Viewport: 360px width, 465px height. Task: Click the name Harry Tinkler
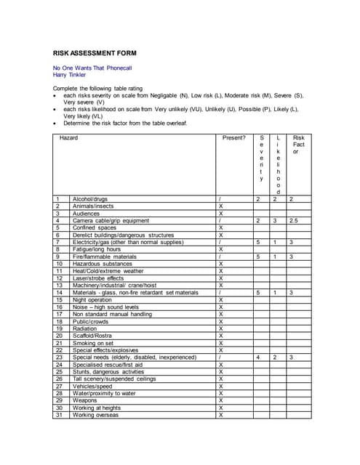(69, 74)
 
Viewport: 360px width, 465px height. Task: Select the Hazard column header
(69, 137)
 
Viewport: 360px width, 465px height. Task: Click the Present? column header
(234, 137)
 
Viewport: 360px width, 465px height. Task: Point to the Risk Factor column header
(298, 144)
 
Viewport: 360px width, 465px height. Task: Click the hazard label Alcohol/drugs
(90, 198)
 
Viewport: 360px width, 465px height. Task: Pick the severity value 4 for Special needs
(258, 357)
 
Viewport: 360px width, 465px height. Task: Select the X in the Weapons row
(220, 400)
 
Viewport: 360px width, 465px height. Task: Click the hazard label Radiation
(85, 328)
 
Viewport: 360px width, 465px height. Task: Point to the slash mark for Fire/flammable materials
(220, 256)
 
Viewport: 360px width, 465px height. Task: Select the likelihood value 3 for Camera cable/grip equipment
(275, 220)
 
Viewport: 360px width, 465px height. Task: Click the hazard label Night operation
(92, 299)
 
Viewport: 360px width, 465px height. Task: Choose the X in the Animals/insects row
(220, 206)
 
